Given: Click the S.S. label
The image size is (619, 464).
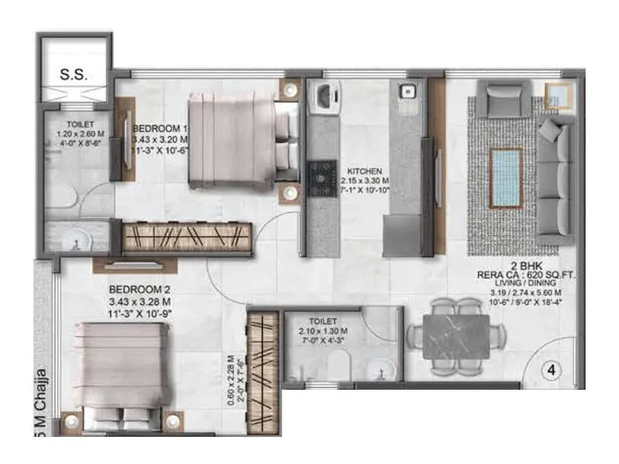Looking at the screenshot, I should pos(75,76).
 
